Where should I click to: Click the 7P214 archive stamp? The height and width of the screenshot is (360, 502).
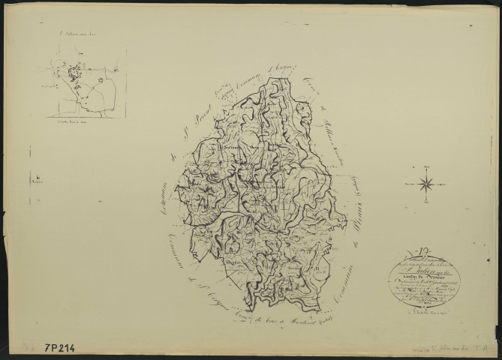pyautogui.click(x=65, y=348)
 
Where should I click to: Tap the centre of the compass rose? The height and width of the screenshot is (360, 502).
pyautogui.click(x=425, y=183)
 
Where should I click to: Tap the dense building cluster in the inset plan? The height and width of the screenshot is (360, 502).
pyautogui.click(x=74, y=75)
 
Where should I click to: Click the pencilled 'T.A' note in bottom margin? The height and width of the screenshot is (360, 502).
pyautogui.click(x=488, y=347)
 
